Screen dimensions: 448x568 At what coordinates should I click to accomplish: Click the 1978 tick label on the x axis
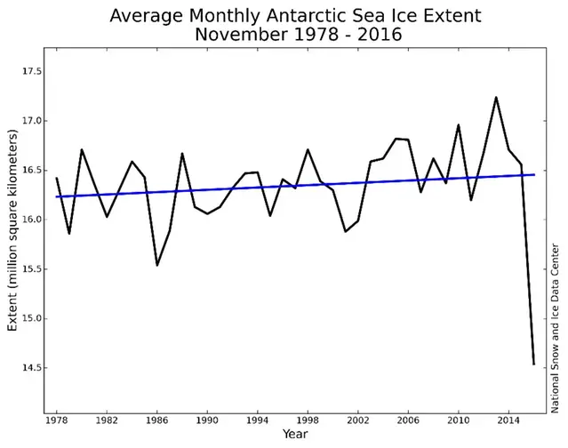point(56,420)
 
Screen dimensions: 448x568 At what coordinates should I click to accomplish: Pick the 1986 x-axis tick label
point(156,420)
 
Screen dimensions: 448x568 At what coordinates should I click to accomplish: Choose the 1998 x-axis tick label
point(308,420)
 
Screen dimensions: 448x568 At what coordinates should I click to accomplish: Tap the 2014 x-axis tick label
point(508,420)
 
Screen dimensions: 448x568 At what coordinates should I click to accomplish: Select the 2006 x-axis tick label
point(408,420)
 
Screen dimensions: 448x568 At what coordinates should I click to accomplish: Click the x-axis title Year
point(295,435)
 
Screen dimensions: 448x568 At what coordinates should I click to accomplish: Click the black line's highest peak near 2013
point(496,98)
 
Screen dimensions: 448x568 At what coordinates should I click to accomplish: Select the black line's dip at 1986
point(156,265)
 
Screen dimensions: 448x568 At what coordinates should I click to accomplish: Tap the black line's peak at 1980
point(81,149)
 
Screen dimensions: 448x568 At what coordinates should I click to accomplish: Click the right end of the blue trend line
point(534,174)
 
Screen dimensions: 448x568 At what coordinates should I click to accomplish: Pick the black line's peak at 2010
point(459,125)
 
